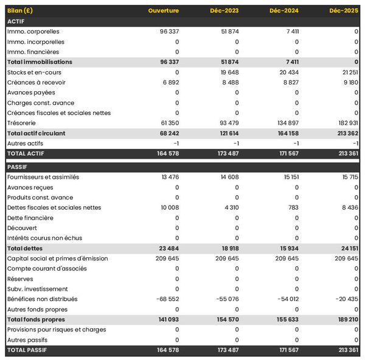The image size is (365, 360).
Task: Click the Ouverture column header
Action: pos(163,11)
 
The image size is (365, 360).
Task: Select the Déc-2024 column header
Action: pos(284,11)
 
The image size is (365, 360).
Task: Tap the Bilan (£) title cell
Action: pos(20,11)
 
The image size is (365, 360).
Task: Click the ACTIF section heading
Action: pos(16,21)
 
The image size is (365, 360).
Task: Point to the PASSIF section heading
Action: pos(18,167)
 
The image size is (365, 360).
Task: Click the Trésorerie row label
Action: pos(22,123)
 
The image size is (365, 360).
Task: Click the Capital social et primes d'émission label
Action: pos(58,258)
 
